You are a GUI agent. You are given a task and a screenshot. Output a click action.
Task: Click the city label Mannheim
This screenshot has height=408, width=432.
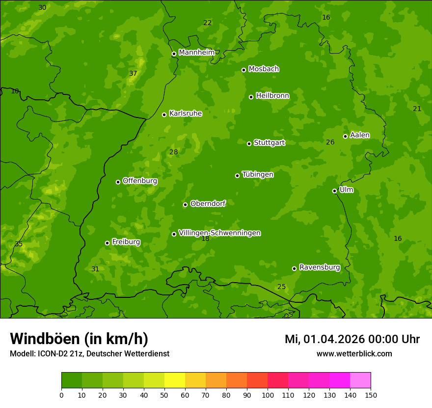[196, 53]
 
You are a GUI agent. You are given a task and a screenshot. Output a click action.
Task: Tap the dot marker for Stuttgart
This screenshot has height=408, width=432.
[249, 144]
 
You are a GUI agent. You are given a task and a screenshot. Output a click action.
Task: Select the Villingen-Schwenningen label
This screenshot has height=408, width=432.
[219, 233]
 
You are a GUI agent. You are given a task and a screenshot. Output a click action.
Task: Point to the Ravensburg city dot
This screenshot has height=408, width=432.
[294, 268]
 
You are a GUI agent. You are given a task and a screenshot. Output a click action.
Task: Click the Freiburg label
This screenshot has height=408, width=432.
[126, 242]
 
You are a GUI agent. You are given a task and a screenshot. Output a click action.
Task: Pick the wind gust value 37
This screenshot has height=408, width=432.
[133, 74]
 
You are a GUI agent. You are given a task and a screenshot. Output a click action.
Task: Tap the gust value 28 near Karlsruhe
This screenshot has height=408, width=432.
[173, 152]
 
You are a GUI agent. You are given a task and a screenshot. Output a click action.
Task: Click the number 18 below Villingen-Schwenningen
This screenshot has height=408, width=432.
[205, 239]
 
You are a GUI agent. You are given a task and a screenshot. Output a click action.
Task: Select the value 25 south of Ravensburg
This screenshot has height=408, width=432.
[281, 287]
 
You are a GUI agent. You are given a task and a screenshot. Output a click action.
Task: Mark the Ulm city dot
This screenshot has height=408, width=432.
[334, 191]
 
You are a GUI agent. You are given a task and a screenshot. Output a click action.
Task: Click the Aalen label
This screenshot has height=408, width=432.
[360, 135]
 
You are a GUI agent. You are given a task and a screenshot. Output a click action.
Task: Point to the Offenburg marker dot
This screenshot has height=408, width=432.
[118, 182]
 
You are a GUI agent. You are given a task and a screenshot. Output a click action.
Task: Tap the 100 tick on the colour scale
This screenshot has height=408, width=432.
[268, 395]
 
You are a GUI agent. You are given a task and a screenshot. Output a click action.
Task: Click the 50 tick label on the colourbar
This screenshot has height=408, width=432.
[164, 395]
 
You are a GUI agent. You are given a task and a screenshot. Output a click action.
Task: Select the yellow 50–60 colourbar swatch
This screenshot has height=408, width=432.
[175, 380]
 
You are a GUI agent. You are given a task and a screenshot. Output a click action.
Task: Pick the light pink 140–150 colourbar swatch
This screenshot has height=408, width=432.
[360, 380]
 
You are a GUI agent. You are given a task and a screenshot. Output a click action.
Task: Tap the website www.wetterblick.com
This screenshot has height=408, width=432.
[354, 353]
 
